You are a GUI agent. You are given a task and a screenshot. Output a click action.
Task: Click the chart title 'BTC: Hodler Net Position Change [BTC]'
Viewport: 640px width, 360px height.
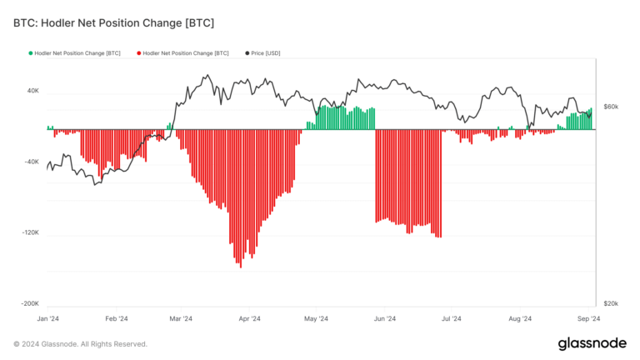113,22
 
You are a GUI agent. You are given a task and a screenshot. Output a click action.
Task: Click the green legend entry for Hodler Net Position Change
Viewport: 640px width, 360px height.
73,53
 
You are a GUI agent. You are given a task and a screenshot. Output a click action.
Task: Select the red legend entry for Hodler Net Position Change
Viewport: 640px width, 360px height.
182,53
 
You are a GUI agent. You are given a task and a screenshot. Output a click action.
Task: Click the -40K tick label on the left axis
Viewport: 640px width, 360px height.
30,162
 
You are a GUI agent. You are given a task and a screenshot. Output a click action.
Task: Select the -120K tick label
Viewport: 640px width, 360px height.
29,233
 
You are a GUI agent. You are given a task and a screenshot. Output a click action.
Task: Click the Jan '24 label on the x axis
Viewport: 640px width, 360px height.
47,318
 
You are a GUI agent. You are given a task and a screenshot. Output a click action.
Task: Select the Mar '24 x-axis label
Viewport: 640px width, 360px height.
181,318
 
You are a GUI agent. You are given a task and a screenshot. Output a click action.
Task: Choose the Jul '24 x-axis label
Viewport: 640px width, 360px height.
452,318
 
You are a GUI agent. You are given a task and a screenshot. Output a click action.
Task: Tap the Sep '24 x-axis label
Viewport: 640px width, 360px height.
589,318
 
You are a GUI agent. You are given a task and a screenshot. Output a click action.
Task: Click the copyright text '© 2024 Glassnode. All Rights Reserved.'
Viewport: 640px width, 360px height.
80,344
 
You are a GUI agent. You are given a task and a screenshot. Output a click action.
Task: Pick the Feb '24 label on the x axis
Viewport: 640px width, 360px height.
116,318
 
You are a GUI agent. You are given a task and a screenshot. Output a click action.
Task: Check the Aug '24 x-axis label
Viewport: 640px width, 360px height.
520,318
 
